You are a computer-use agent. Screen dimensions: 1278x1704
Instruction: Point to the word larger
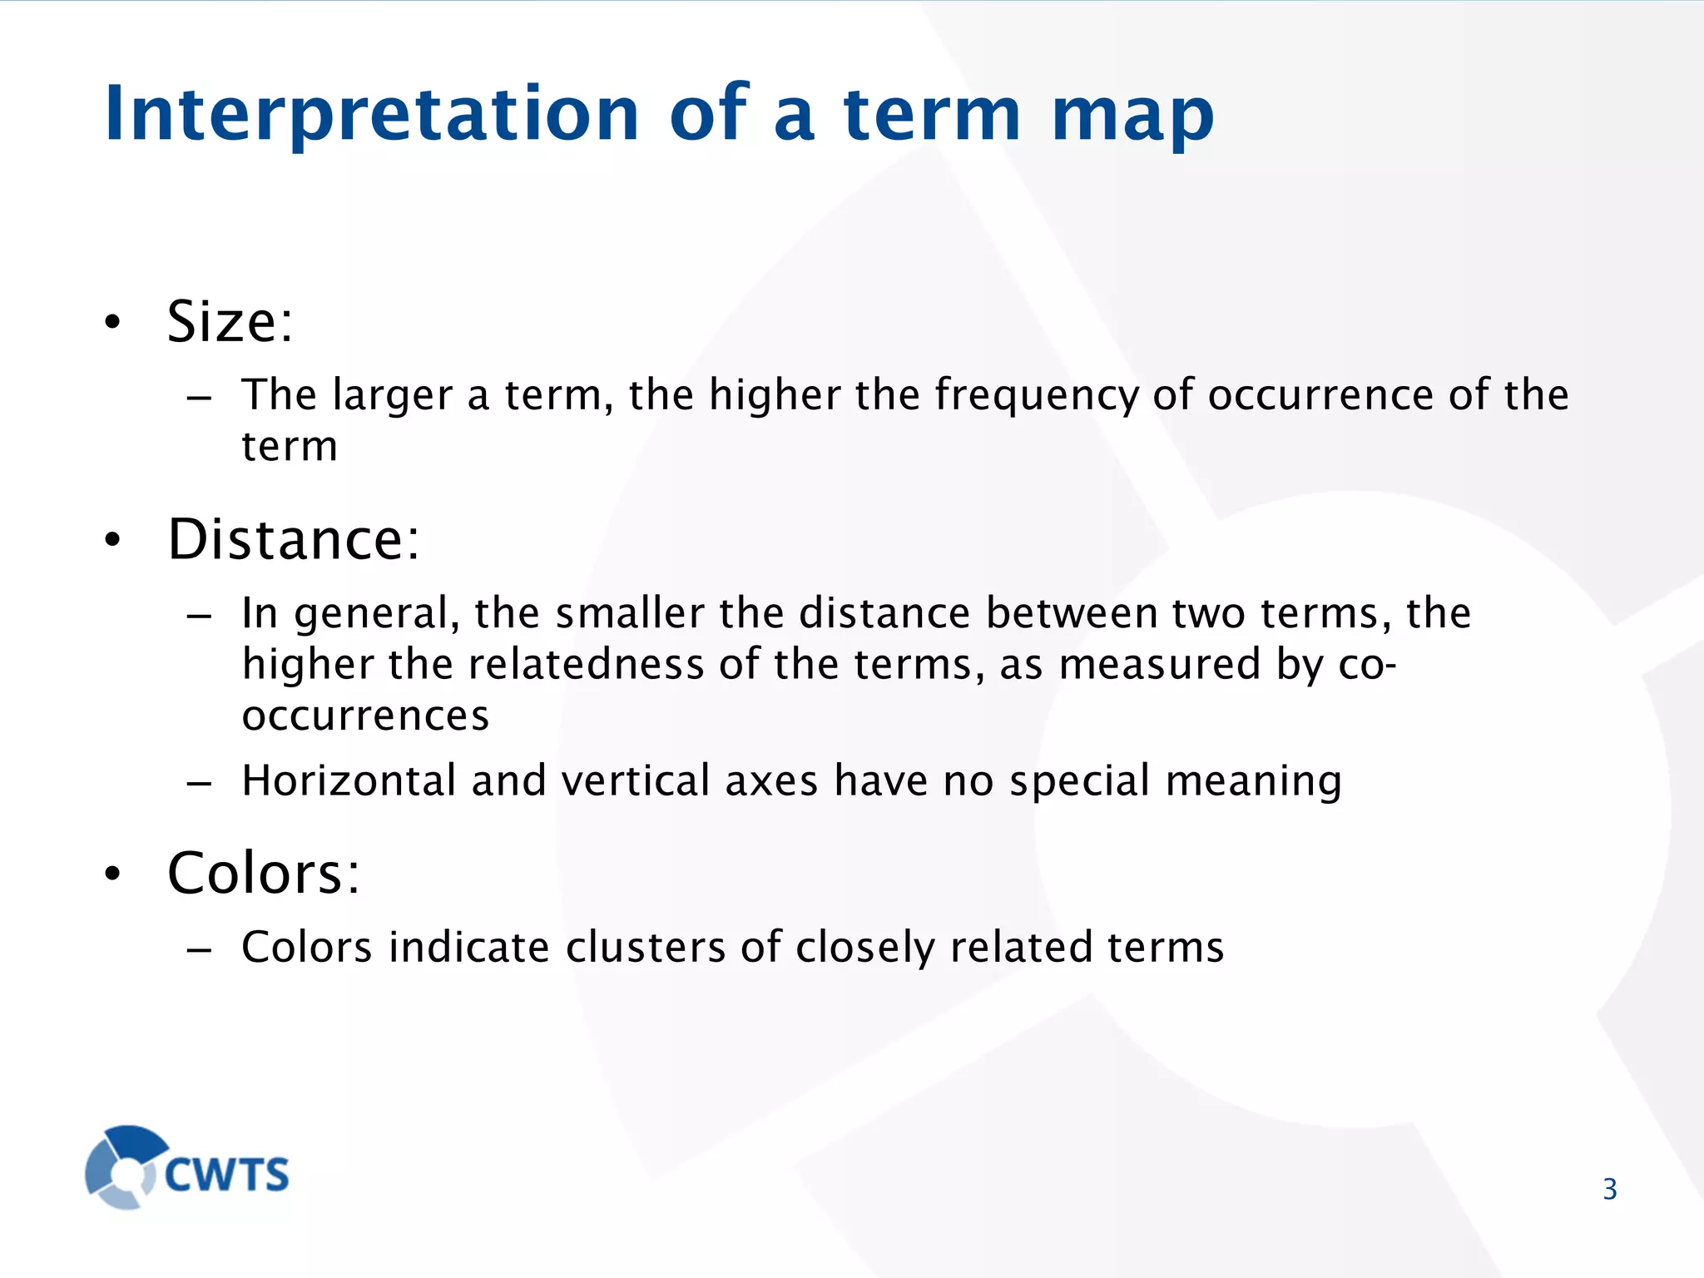pyautogui.click(x=392, y=395)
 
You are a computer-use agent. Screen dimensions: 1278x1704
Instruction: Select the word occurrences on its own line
pyautogui.click(x=365, y=716)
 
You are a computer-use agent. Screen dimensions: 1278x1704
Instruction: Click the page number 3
pyautogui.click(x=1609, y=1189)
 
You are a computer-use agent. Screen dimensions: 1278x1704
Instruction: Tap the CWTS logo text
pyautogui.click(x=226, y=1175)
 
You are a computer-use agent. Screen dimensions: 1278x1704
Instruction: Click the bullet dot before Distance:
pyautogui.click(x=113, y=541)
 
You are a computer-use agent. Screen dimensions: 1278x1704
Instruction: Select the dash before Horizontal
pyautogui.click(x=200, y=783)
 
